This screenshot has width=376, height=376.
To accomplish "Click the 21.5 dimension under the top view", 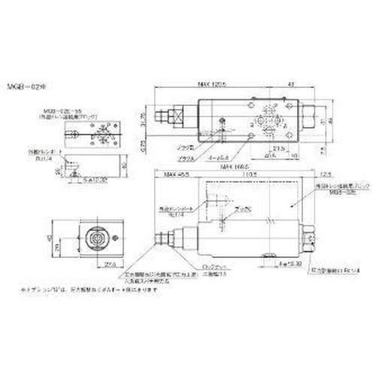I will pyautogui.click(x=277, y=149).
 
